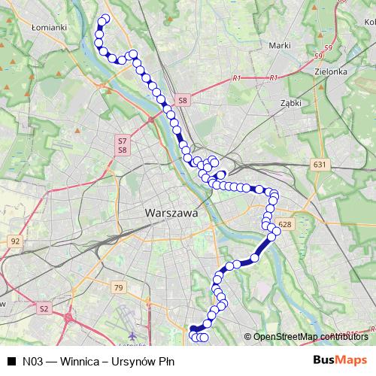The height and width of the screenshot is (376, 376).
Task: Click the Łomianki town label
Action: point(50,27)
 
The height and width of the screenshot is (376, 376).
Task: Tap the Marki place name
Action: point(279,46)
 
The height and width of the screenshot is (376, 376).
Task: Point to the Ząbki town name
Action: point(290,102)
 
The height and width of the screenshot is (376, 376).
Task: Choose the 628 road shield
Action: point(284,224)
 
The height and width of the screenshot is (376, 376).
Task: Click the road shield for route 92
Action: point(16,241)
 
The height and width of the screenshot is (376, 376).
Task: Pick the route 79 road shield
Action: point(117,287)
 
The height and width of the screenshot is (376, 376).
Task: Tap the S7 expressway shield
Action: point(122,141)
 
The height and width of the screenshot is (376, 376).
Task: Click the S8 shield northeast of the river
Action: point(183,99)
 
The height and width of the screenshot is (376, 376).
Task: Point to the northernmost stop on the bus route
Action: point(105,19)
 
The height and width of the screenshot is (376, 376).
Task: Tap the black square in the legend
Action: point(11,361)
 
